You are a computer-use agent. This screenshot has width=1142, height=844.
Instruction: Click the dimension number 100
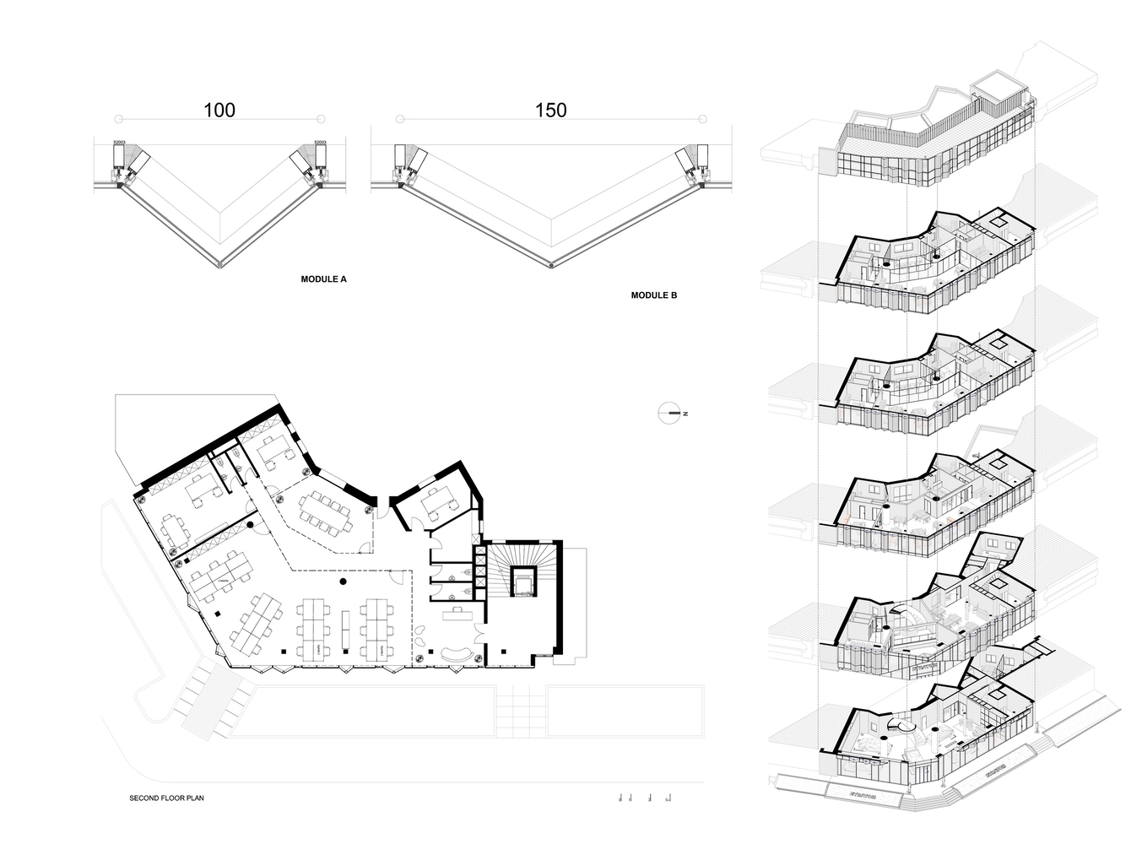(x=219, y=110)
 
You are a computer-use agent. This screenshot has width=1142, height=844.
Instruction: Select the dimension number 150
(x=550, y=110)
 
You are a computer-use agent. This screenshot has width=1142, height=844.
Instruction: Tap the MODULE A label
(x=323, y=279)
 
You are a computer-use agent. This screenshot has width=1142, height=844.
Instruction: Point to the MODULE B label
(x=653, y=295)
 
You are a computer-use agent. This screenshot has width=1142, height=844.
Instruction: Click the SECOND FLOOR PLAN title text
(x=166, y=798)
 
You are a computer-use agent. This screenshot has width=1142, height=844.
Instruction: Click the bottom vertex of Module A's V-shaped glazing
(x=219, y=266)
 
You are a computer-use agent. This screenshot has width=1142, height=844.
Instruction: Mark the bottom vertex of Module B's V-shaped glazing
(x=551, y=266)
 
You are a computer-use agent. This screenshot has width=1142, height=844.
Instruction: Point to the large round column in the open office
(x=342, y=582)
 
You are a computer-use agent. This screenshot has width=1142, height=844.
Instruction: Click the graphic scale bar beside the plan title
(x=646, y=797)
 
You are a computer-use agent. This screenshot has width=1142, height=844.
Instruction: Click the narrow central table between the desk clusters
(x=344, y=630)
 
